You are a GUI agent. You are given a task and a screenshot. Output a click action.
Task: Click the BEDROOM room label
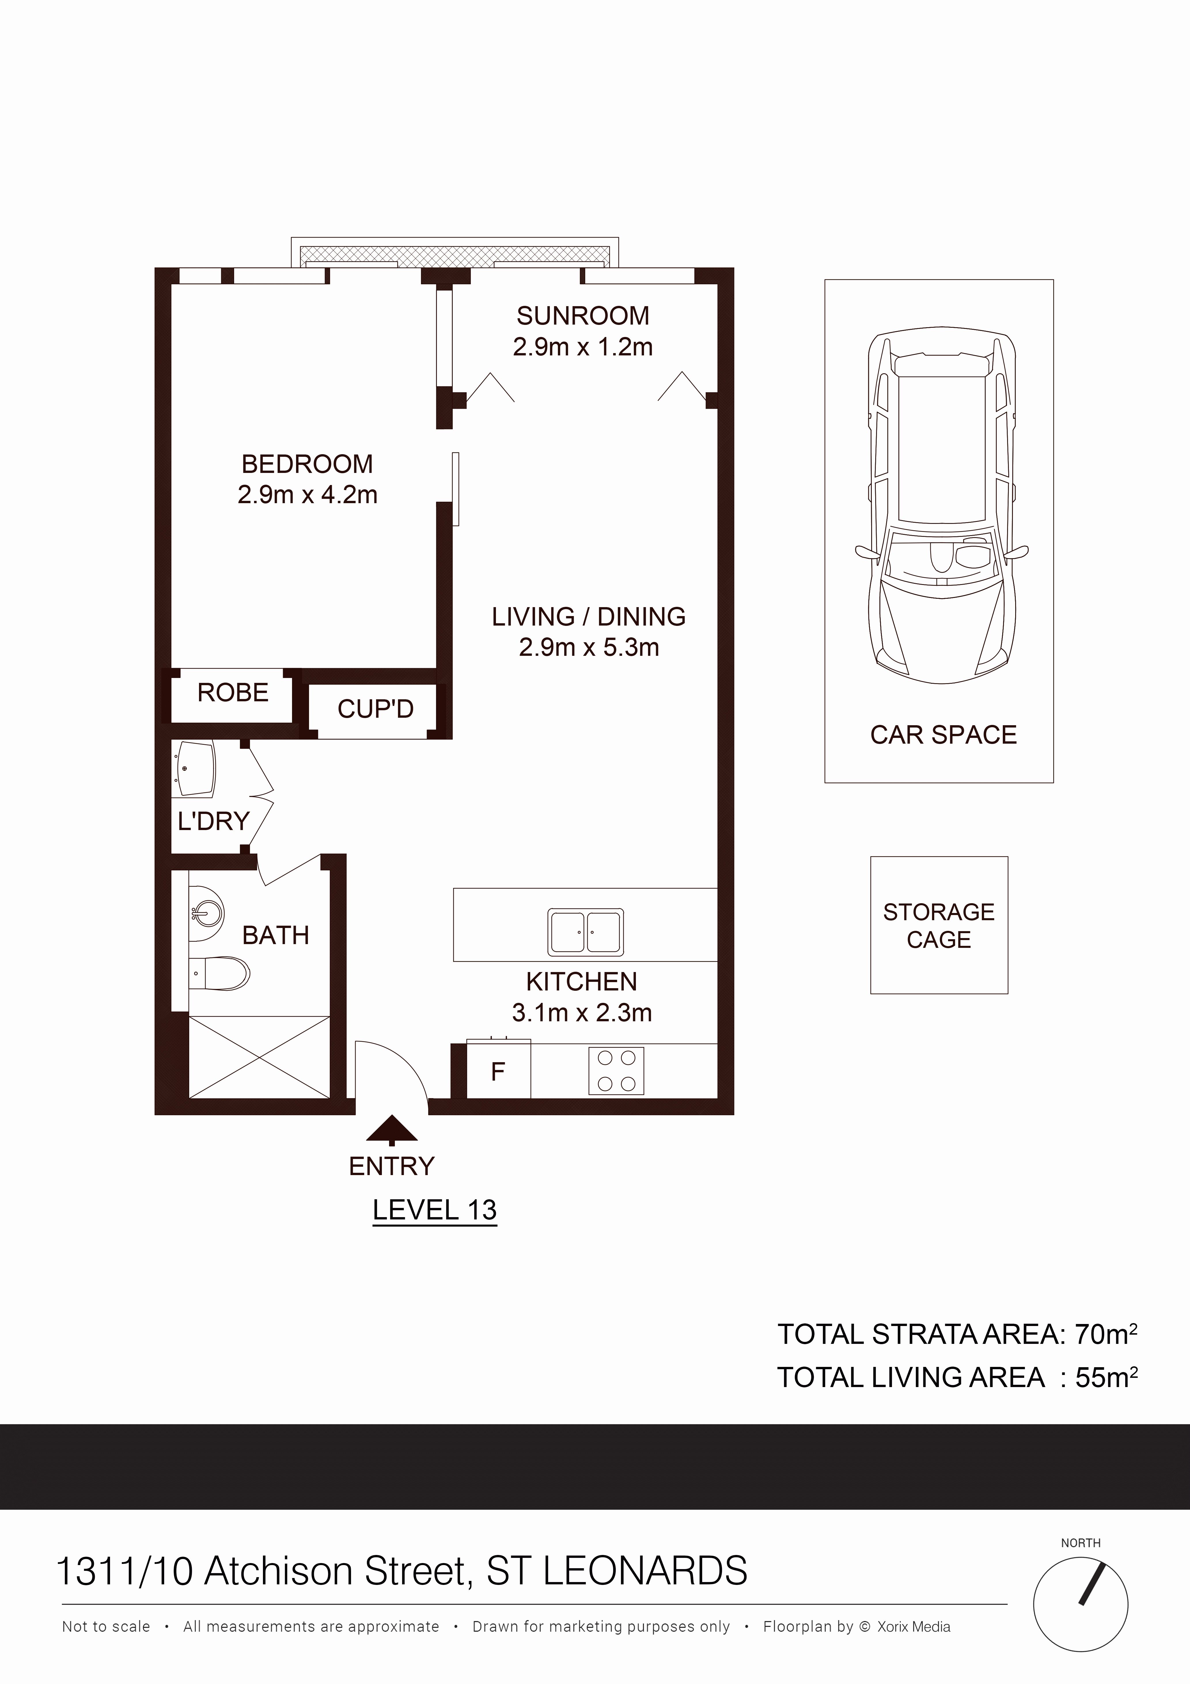tap(307, 464)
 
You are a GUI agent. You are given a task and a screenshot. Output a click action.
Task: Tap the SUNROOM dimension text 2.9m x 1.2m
tap(583, 347)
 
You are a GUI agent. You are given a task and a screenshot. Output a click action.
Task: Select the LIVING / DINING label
tap(589, 617)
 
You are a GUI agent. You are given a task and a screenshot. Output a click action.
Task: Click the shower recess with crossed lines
tap(259, 1057)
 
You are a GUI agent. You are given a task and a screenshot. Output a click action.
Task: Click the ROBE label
tap(233, 692)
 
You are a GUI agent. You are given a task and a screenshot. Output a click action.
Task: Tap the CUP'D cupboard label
tap(376, 709)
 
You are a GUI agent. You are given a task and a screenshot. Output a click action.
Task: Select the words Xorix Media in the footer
tap(914, 1627)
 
